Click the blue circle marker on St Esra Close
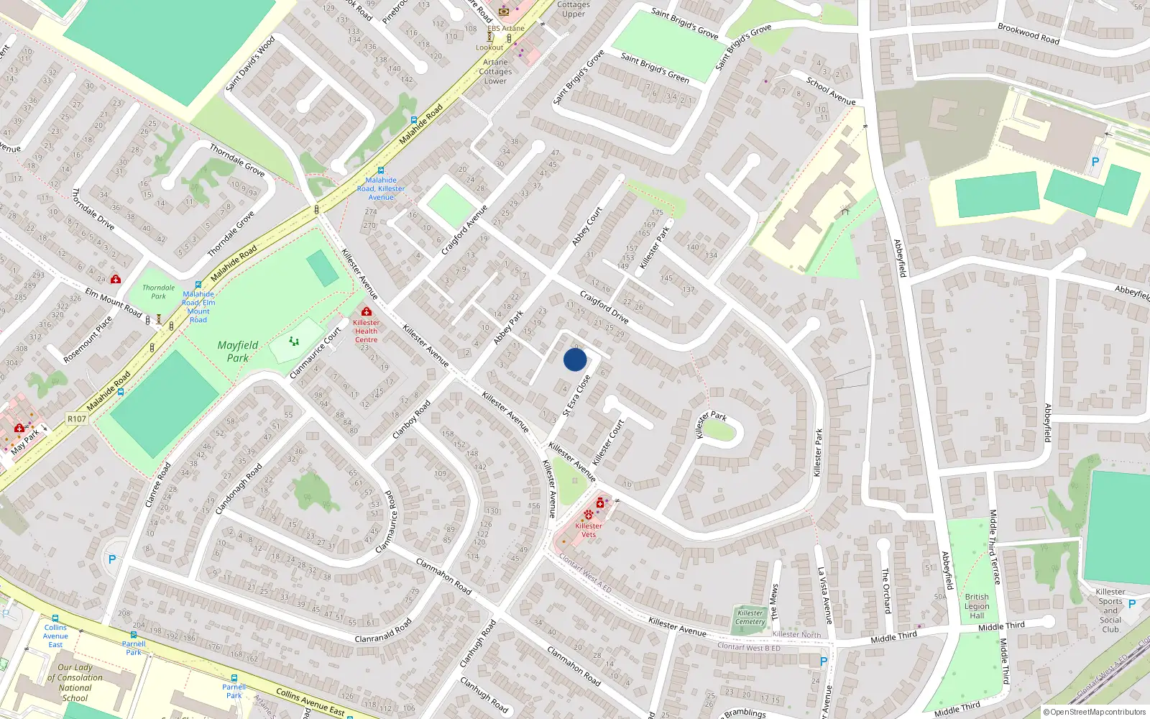coord(575,359)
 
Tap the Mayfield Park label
coord(238,352)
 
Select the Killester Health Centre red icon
coord(367,312)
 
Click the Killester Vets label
coord(589,530)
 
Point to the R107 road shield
coord(77,418)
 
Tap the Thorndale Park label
coord(159,292)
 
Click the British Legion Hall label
coord(977,606)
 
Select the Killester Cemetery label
coord(750,617)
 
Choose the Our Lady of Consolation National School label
coord(75,682)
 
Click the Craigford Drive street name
coord(604,308)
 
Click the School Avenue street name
coord(831,91)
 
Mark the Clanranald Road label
coord(383,631)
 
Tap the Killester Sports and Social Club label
coord(1110,610)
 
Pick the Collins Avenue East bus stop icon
coord(55,618)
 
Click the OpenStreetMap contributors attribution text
coord(1098,713)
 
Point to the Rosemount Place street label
coord(88,339)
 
